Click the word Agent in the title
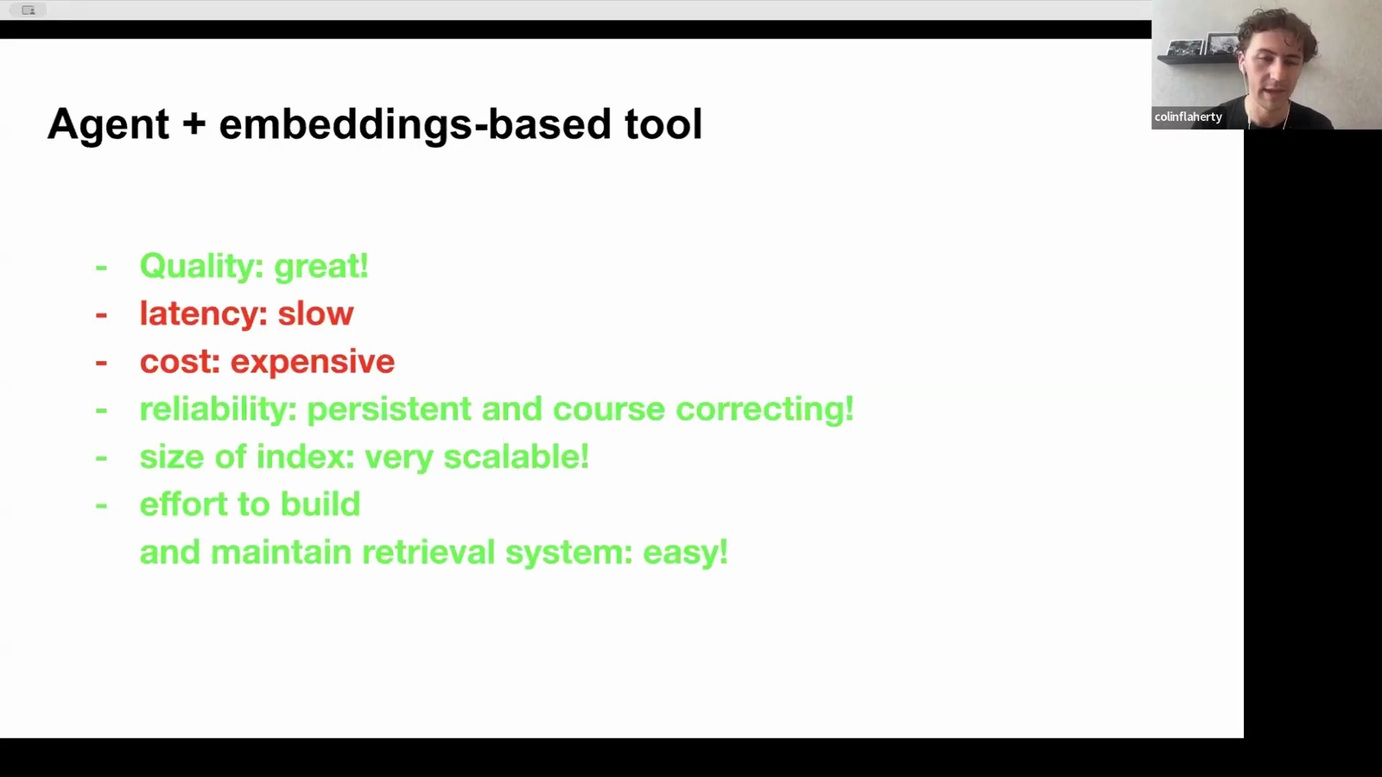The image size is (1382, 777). click(108, 124)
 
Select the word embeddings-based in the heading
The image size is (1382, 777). click(415, 124)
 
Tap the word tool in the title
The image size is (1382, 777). click(663, 123)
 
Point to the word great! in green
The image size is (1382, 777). click(320, 267)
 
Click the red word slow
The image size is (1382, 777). click(315, 313)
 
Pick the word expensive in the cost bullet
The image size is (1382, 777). click(312, 362)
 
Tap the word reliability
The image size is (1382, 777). click(219, 409)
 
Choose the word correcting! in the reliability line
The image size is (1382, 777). click(764, 409)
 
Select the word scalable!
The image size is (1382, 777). click(517, 457)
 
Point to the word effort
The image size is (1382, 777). click(184, 504)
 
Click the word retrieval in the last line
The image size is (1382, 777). click(428, 552)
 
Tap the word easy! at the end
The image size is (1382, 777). click(686, 553)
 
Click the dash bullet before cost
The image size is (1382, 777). click(101, 362)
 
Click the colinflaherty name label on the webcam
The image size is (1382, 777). click(1189, 117)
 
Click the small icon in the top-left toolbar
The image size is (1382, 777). click(29, 9)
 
